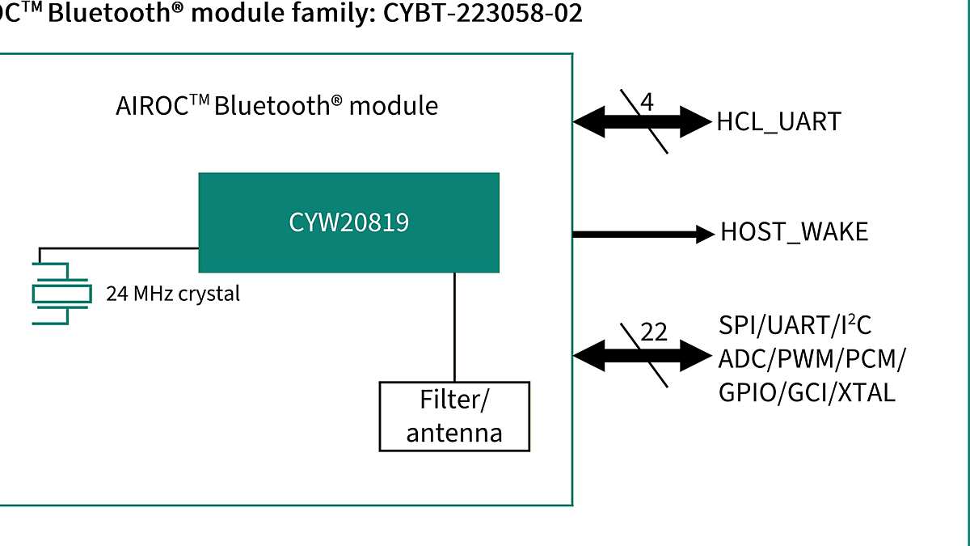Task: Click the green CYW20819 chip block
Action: click(x=348, y=222)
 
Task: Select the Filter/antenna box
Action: click(x=453, y=416)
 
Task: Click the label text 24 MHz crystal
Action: click(x=173, y=294)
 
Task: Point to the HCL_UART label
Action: click(x=778, y=122)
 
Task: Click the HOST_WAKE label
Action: click(x=794, y=233)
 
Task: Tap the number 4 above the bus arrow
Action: click(x=647, y=103)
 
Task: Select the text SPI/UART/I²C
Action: click(x=795, y=325)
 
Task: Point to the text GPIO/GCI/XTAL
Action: click(x=807, y=393)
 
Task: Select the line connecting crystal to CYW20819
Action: click(x=121, y=248)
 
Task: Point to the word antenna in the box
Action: click(x=453, y=433)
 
